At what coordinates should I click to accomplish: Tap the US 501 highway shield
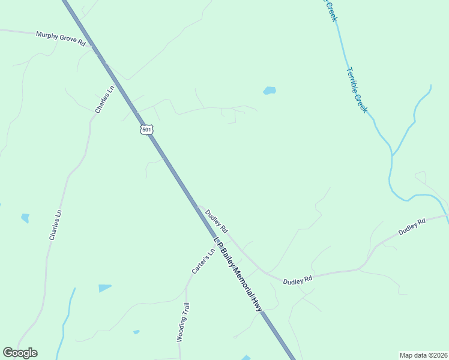click(147, 130)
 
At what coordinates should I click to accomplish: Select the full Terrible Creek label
click(357, 90)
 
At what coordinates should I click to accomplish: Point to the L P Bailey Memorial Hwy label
click(238, 273)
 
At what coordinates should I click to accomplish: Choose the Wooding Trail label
click(183, 322)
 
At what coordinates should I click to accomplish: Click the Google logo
click(20, 353)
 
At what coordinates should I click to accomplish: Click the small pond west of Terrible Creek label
click(269, 91)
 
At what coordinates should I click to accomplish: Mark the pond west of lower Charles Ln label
click(25, 218)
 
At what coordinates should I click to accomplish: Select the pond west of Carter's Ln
click(105, 288)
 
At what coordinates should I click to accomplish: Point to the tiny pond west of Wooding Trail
click(136, 332)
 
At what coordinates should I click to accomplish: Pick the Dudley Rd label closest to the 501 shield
click(217, 221)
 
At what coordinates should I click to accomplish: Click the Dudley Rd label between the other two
click(298, 280)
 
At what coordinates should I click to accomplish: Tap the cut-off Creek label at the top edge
click(331, 10)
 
